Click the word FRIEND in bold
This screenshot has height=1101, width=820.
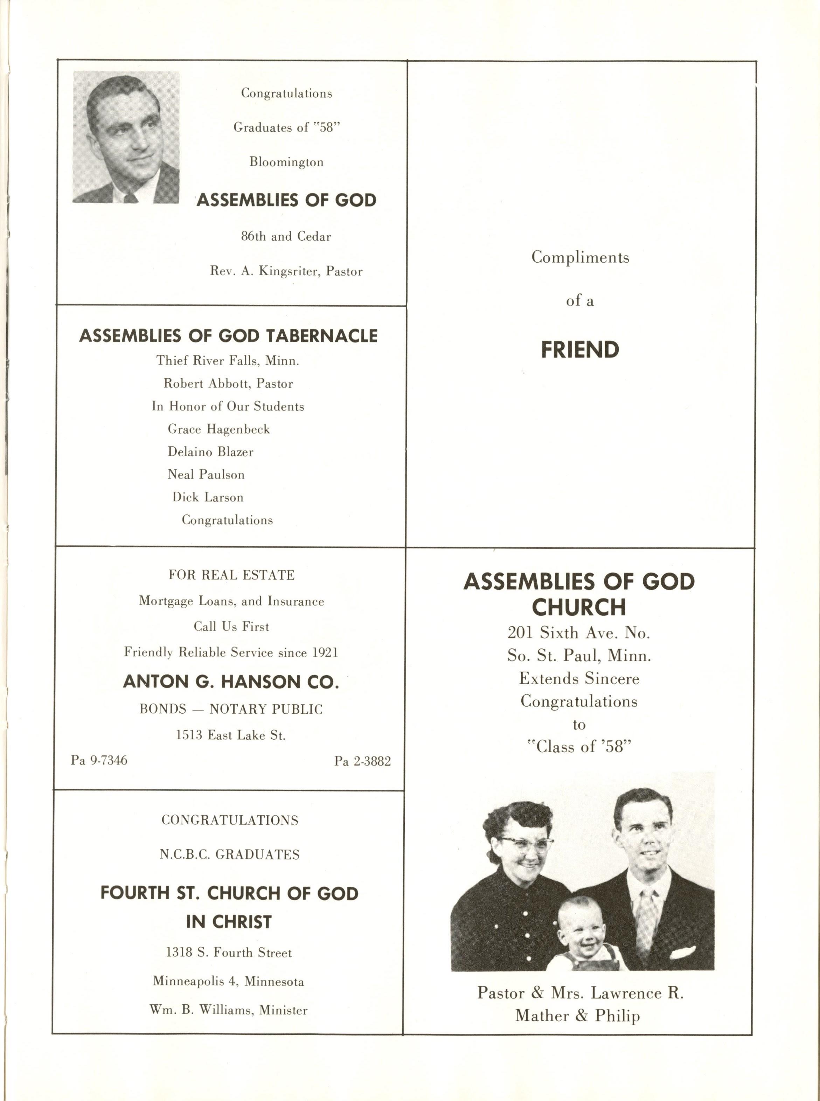(x=580, y=350)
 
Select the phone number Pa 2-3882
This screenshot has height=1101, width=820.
(x=362, y=761)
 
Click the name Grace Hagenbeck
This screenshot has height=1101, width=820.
(x=219, y=429)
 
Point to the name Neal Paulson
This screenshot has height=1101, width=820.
(x=206, y=475)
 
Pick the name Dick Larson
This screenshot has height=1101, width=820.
(x=208, y=497)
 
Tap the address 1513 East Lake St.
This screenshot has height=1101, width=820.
(x=231, y=735)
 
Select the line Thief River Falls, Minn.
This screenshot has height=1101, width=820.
(x=228, y=360)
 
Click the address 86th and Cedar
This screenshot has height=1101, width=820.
(x=286, y=236)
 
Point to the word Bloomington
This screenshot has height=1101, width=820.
(x=286, y=162)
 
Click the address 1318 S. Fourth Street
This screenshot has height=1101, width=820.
(x=229, y=953)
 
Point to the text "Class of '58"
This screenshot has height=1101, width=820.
(x=579, y=747)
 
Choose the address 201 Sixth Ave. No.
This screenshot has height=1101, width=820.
(x=579, y=632)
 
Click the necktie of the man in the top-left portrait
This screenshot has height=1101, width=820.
(x=131, y=199)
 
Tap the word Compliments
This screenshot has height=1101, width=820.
(x=580, y=257)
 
